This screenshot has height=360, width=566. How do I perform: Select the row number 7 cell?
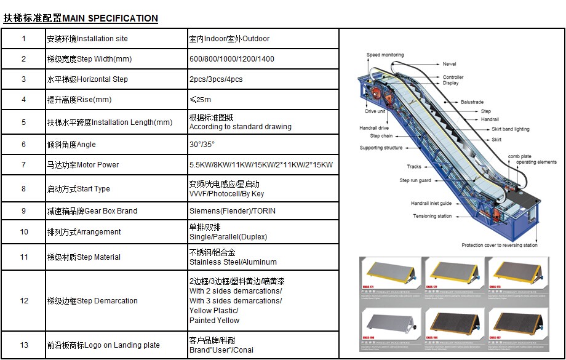coord(24,165)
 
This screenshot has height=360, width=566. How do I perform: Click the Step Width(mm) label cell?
coord(89,59)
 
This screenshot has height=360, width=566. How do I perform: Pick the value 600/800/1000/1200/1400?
coord(232,59)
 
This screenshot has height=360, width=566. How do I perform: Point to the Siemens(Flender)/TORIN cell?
coord(233,211)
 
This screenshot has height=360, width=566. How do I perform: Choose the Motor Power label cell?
coord(83,165)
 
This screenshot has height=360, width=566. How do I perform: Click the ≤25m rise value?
coord(200,100)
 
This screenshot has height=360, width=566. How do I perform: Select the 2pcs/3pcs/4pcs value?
coord(216,79)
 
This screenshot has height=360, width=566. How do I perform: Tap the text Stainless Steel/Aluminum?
coord(233,262)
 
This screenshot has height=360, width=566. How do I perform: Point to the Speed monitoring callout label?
coord(385,55)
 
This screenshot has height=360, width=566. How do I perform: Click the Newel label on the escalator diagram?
coord(449,64)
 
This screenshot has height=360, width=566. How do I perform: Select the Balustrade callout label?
coord(472,102)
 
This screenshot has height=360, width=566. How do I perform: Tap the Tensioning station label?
coord(432,217)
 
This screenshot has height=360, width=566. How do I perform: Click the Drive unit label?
coord(375,111)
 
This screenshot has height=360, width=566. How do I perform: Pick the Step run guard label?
coord(415,181)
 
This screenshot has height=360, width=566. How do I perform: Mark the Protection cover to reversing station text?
coord(500,245)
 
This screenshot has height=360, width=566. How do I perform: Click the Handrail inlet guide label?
coord(431,204)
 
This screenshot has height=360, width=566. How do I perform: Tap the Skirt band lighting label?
coord(510,129)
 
